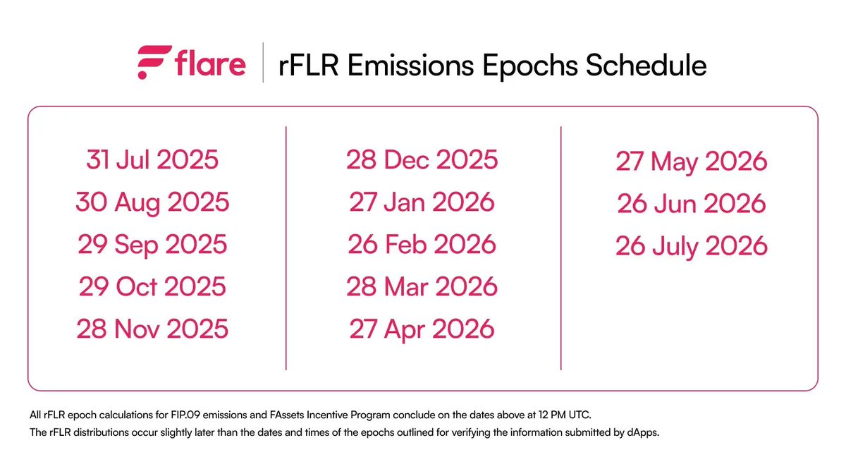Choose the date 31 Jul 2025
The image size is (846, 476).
tap(152, 160)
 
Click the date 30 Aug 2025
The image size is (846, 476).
tap(152, 202)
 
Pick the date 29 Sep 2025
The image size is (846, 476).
tap(152, 245)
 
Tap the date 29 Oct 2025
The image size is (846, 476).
tap(152, 287)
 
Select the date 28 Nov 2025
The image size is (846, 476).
tap(152, 329)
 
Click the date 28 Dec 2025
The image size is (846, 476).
tap(422, 160)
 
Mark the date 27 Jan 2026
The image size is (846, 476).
tap(422, 202)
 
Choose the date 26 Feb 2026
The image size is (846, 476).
tap(422, 245)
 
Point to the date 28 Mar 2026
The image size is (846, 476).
tap(422, 287)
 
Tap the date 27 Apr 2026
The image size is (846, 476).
tap(422, 329)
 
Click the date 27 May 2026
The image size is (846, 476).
tap(691, 162)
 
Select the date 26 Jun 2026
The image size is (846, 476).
tap(691, 205)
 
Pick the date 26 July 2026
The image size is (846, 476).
tap(691, 247)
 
